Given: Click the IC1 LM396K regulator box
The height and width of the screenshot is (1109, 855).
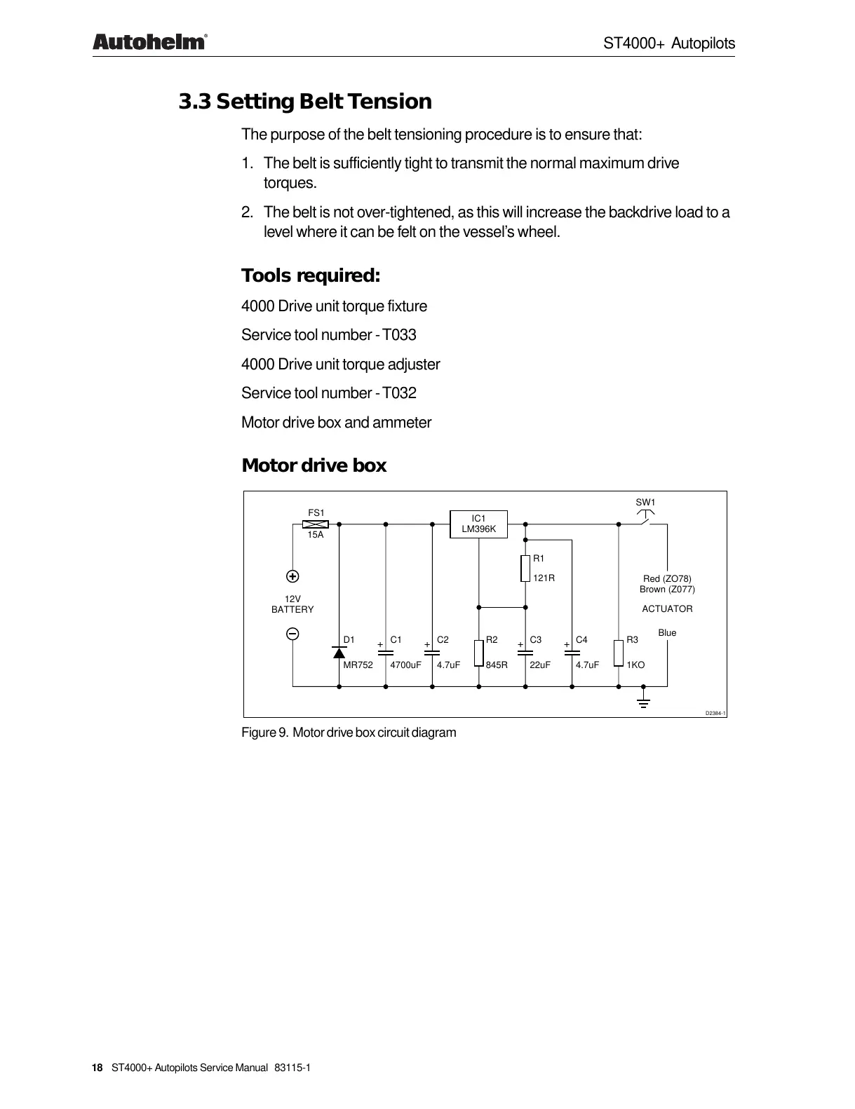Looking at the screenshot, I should tap(478, 524).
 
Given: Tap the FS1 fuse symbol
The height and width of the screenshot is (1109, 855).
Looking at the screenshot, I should tap(316, 524).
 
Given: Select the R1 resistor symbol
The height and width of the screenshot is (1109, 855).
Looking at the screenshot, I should tap(525, 568).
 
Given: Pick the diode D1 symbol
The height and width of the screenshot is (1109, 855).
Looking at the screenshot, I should tap(339, 653).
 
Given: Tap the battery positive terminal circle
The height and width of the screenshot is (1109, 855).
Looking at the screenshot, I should tap(292, 576).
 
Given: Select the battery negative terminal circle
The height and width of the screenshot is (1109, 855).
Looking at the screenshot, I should tap(292, 634).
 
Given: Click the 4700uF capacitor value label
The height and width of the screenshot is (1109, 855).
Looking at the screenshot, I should tap(405, 665).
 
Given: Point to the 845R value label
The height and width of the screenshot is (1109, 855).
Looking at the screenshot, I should tap(497, 665).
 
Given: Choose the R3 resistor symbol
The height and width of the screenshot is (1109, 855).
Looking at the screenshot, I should tap(619, 652).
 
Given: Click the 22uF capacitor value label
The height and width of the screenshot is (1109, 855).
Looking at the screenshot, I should tap(540, 665).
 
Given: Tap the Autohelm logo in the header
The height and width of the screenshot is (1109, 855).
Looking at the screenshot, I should tap(149, 43).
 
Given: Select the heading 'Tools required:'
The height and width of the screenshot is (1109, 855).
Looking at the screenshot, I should tap(311, 275).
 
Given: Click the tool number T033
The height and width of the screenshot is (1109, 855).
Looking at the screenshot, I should tap(400, 335).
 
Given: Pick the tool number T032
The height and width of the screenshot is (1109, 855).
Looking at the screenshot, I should tap(400, 393).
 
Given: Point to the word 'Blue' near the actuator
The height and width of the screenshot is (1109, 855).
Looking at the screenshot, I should tap(667, 633).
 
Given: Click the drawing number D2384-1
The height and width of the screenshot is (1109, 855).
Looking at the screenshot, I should tap(715, 713).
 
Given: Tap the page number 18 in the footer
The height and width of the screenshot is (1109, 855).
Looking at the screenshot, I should tap(97, 1068).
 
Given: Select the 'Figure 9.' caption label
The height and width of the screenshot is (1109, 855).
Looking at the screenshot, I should tap(264, 733).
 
